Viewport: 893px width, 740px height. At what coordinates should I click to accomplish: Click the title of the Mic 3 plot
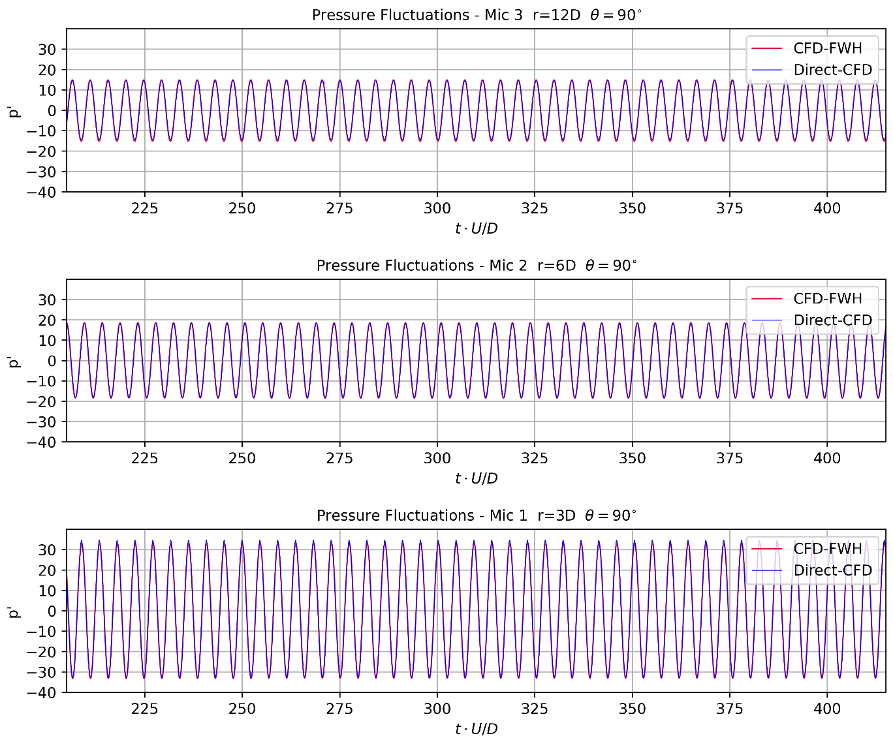(x=477, y=15)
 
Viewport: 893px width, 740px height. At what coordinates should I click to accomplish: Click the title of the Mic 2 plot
(x=477, y=266)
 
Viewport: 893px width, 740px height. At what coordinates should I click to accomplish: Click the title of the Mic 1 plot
(x=477, y=516)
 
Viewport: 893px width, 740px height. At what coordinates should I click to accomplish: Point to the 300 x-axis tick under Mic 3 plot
(x=437, y=208)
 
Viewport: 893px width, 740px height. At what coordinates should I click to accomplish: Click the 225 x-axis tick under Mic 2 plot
(x=144, y=458)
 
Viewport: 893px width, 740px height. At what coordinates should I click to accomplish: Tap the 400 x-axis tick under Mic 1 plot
(x=827, y=709)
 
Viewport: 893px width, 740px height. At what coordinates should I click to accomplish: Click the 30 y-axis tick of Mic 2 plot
(x=48, y=300)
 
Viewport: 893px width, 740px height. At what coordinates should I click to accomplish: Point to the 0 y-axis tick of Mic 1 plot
(x=52, y=611)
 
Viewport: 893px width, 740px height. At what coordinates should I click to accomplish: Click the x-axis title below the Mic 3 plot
(x=477, y=228)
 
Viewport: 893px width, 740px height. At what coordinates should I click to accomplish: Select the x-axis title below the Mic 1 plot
(x=477, y=729)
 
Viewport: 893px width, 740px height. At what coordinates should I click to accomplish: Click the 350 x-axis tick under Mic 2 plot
(x=632, y=458)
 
